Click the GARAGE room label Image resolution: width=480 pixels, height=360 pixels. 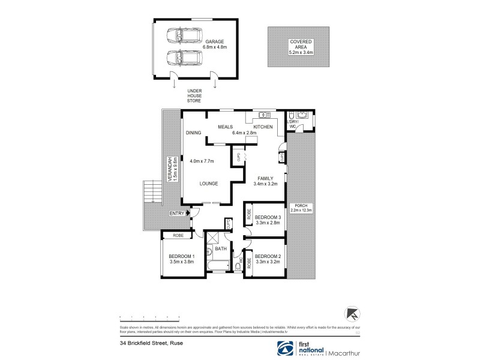[x=214, y=41]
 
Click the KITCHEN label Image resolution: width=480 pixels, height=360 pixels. [x=263, y=127]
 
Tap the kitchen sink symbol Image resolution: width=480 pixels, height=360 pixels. [x=262, y=115]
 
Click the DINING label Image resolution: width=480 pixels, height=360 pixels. [x=193, y=133]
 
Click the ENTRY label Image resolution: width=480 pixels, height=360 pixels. [x=178, y=212]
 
